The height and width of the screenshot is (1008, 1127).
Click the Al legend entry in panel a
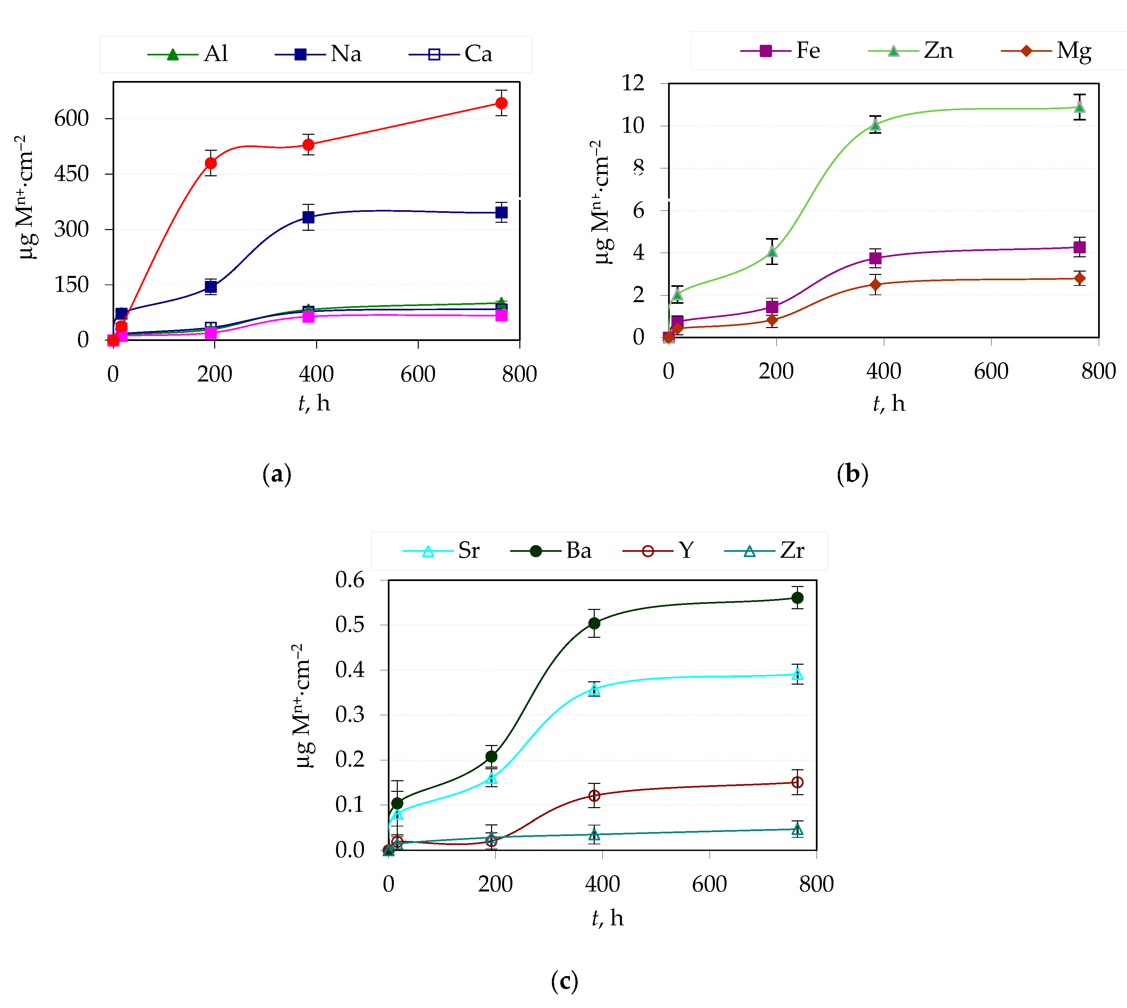click(x=188, y=54)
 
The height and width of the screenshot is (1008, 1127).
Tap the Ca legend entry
click(x=451, y=54)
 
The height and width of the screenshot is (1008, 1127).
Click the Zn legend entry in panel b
click(x=911, y=51)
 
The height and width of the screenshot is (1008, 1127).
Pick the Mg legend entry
click(x=1047, y=51)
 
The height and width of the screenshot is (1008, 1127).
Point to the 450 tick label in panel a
click(x=71, y=174)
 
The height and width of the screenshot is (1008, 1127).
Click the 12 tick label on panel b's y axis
click(x=633, y=84)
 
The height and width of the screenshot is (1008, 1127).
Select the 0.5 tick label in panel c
click(x=350, y=625)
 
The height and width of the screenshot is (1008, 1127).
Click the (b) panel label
click(x=852, y=475)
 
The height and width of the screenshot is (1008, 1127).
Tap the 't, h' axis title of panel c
click(x=608, y=918)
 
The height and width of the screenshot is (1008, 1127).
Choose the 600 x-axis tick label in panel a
click(x=418, y=375)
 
